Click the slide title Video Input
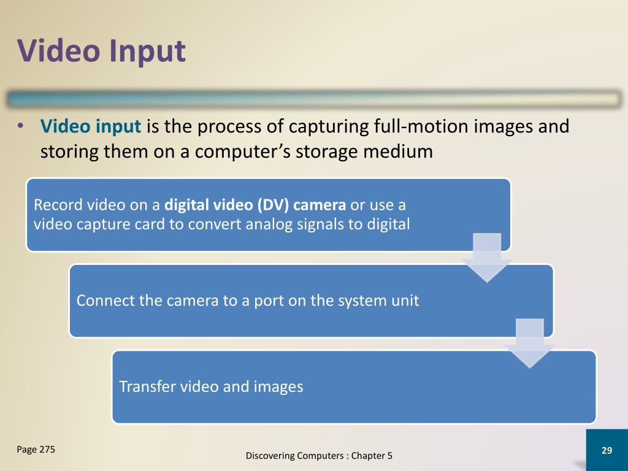[x=101, y=52]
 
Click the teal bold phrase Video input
[x=91, y=126]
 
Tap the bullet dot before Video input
[x=20, y=126]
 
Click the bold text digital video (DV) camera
[x=255, y=205]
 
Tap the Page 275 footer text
[x=36, y=450]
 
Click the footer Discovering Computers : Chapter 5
[x=319, y=456]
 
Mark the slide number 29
[x=607, y=450]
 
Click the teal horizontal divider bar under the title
[x=314, y=99]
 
